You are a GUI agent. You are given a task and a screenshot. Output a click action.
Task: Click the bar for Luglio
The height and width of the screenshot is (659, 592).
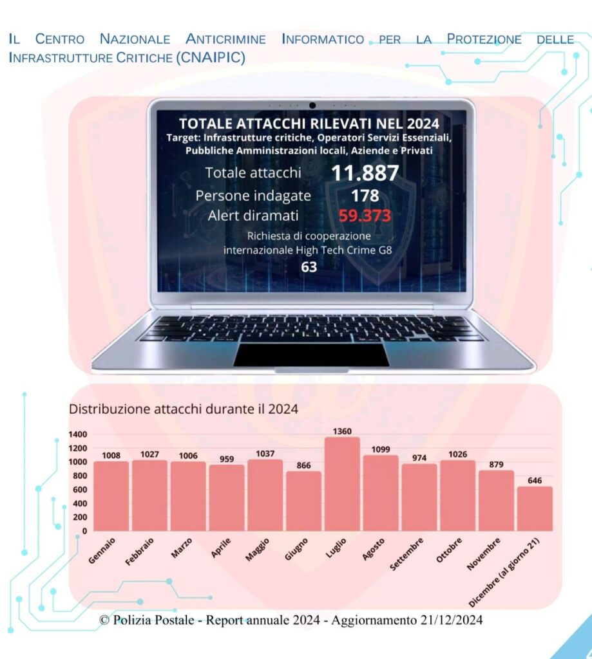(342, 485)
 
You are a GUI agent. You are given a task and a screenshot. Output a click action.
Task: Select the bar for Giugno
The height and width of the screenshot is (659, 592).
(303, 501)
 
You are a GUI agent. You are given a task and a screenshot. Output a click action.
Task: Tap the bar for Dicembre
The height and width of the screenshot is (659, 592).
(535, 508)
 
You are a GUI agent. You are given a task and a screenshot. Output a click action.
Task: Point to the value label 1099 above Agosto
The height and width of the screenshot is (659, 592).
(381, 449)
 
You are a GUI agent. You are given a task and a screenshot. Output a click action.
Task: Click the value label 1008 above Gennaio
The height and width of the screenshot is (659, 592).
(111, 456)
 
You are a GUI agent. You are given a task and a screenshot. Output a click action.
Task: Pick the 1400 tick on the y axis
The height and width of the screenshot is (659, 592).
(78, 434)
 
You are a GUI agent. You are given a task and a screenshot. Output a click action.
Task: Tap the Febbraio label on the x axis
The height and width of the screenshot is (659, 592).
(140, 552)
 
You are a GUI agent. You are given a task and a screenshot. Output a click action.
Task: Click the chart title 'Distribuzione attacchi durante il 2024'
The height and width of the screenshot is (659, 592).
(184, 408)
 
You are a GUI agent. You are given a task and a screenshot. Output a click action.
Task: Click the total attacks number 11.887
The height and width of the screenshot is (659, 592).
(365, 172)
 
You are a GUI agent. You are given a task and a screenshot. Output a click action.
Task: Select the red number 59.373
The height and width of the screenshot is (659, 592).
(365, 216)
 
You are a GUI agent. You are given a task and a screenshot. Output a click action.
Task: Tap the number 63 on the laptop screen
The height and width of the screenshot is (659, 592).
(309, 266)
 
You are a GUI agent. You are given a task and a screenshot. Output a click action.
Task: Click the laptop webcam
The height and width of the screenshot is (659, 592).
(312, 106)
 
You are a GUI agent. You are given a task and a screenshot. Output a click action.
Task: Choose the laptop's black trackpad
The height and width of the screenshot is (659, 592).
(311, 354)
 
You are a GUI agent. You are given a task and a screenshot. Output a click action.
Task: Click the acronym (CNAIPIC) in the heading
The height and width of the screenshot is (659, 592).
(210, 57)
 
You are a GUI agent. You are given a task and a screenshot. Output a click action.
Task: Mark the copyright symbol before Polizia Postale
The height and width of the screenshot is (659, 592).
(104, 620)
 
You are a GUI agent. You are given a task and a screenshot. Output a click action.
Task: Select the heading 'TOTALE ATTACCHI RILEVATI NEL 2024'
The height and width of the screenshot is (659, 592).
(309, 124)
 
